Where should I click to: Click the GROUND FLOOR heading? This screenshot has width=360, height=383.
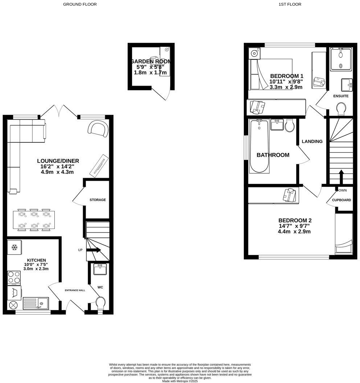click(80, 4)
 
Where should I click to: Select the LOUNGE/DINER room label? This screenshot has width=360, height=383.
click(58, 161)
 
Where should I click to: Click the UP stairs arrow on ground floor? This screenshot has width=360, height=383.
click(94, 250)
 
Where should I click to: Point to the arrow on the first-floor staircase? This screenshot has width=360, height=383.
click(341, 177)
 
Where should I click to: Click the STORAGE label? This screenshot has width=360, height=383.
click(98, 200)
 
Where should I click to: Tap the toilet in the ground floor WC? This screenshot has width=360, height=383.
click(100, 302)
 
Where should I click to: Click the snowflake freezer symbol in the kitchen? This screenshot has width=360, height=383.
click(15, 248)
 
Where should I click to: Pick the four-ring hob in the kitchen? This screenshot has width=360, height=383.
click(14, 278)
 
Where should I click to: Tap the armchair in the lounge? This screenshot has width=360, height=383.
click(98, 129)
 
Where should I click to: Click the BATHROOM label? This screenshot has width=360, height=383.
click(273, 155)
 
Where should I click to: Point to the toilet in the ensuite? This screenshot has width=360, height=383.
click(341, 109)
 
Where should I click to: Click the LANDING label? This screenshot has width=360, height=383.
click(312, 141)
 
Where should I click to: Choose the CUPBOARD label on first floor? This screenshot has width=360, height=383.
click(341, 200)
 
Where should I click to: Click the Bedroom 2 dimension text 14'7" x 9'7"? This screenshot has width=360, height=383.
click(295, 226)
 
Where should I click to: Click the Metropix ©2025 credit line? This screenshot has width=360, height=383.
click(180, 381)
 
